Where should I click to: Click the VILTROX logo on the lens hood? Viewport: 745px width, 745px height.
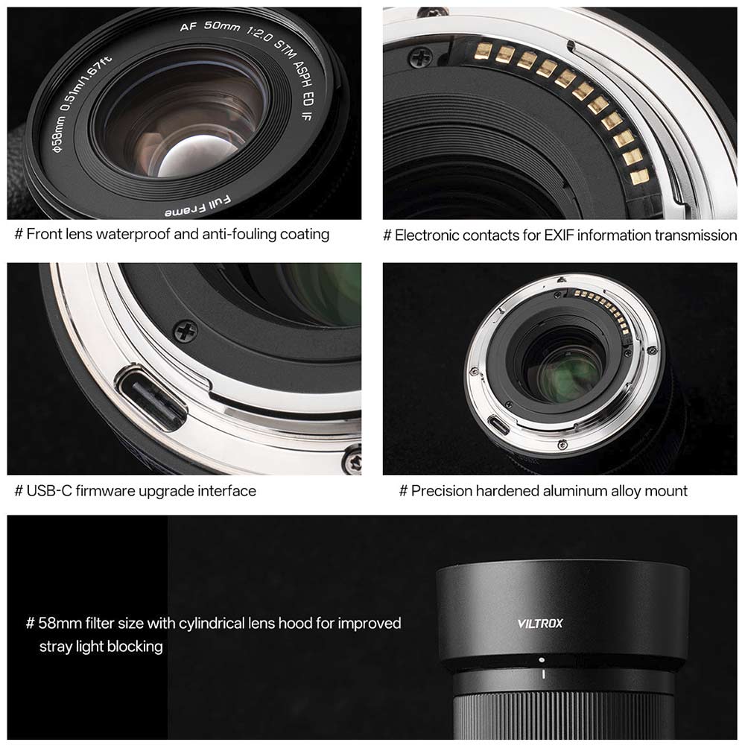[x=539, y=623]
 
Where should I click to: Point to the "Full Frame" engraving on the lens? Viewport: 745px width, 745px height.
[x=197, y=206]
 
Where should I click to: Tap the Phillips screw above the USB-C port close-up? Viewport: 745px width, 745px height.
[x=186, y=331]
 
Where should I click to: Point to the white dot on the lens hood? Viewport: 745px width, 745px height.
[x=542, y=660]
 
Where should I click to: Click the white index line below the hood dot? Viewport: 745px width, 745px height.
[x=543, y=673]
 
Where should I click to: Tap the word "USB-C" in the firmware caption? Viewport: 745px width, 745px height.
[x=49, y=491]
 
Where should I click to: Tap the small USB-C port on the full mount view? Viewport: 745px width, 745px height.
[x=499, y=424]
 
